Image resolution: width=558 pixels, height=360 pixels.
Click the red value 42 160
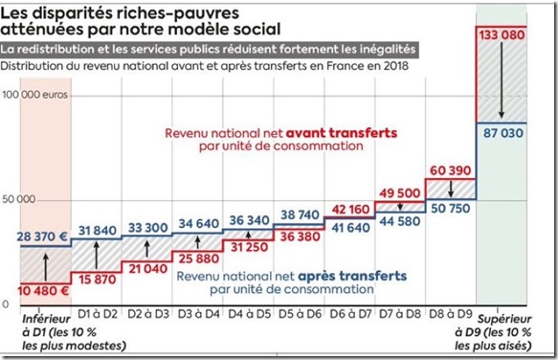coord(347,209)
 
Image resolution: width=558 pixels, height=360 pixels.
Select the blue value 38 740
coord(298,215)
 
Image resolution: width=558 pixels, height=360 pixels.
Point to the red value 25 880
coord(197,259)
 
